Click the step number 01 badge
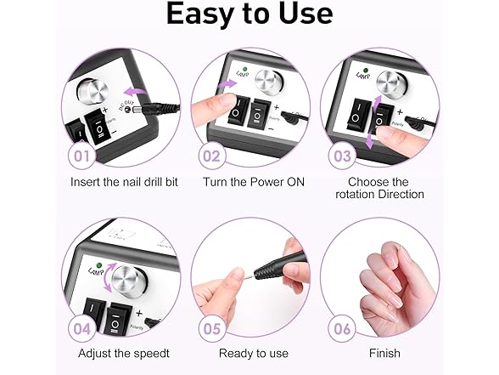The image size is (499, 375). [x=82, y=156]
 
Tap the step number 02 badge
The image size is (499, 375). [x=212, y=156]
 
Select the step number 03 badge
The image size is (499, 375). [x=342, y=156]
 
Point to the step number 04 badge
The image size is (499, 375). [x=82, y=329]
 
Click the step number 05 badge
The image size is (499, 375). [x=212, y=329]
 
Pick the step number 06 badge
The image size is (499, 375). [x=342, y=329]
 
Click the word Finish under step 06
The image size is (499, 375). [x=384, y=354]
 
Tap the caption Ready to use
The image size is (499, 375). [x=254, y=354]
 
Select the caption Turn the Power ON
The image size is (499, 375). [x=254, y=182]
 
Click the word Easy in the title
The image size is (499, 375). [x=199, y=14]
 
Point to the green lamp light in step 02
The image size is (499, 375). [x=245, y=69]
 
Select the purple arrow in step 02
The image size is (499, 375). [x=227, y=84]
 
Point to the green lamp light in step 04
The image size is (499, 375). [x=99, y=265]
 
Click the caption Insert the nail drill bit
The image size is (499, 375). [x=124, y=182]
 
